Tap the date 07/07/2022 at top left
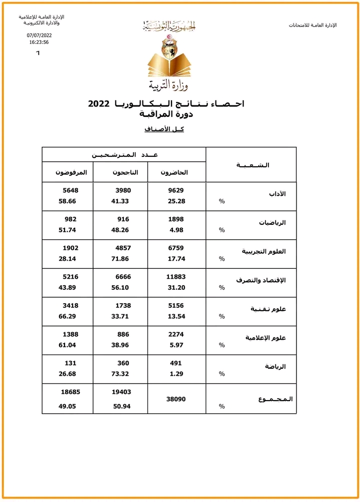(39, 35)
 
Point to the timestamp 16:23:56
(39, 42)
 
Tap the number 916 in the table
(123, 219)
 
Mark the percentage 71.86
(121, 259)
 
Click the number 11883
(175, 277)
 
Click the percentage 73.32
(121, 374)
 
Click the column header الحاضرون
(174, 172)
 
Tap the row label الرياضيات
(272, 223)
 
